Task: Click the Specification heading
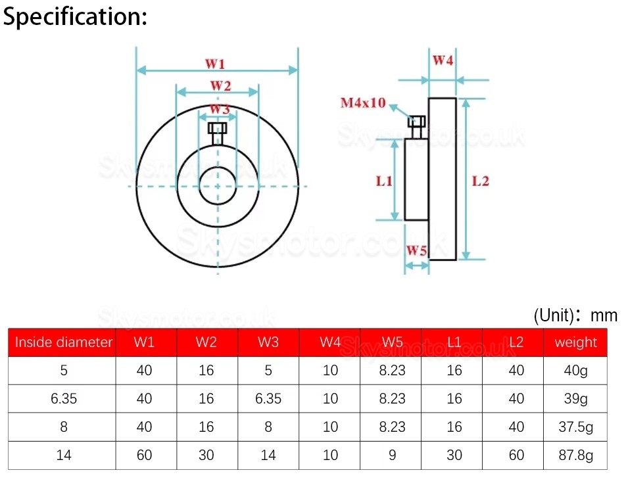(75, 17)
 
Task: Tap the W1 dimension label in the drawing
(216, 64)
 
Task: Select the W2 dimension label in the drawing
(220, 85)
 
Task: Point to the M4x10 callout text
(363, 103)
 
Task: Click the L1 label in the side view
(384, 181)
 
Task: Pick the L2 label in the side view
(481, 181)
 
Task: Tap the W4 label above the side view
(443, 61)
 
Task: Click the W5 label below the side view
(416, 250)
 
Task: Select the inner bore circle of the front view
(217, 186)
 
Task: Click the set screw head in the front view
(217, 128)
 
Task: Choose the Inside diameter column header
(64, 342)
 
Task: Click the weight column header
(575, 342)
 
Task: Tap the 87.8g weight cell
(575, 455)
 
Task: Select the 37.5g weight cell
(575, 427)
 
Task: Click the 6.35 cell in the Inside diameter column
(64, 399)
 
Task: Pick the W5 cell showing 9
(392, 455)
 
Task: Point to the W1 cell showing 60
(144, 455)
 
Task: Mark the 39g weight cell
(575, 399)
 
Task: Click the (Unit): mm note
(575, 315)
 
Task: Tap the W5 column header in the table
(392, 342)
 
